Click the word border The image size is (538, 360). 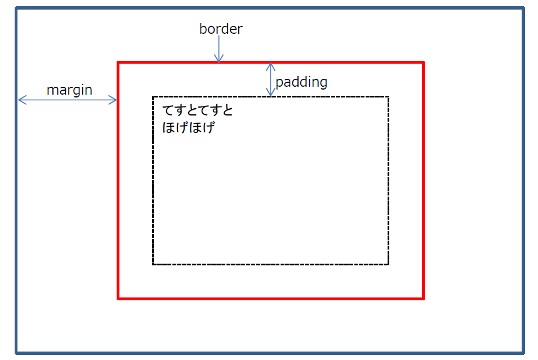tap(221, 29)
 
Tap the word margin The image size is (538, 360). tap(69, 90)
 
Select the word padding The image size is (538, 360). tap(301, 82)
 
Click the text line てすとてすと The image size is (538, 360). tap(197, 110)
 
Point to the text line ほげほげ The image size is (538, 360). tap(189, 127)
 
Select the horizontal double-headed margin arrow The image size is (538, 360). tap(68, 100)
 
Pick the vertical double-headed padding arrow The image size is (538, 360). tap(271, 79)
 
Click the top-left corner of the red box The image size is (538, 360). tap(118, 63)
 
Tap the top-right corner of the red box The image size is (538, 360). tap(423, 63)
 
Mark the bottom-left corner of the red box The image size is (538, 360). tap(118, 299)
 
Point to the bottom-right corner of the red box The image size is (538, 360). tap(423, 299)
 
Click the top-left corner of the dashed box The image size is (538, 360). tap(153, 97)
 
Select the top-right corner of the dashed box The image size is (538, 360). tap(388, 97)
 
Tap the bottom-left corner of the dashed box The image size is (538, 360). tap(153, 264)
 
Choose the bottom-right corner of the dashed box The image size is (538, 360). tap(388, 264)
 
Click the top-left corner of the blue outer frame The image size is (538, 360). tap(16, 8)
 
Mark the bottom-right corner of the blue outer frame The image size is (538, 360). tap(523, 353)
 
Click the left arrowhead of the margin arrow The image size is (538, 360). tap(20, 100)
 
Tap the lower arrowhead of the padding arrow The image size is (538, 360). tap(271, 93)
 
